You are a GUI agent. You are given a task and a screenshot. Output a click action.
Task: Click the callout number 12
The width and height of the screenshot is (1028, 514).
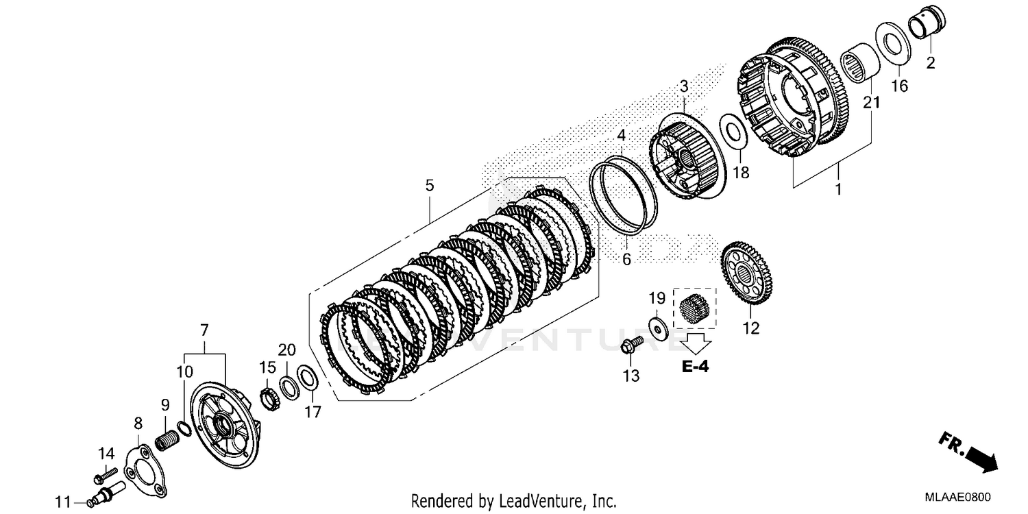click(x=751, y=329)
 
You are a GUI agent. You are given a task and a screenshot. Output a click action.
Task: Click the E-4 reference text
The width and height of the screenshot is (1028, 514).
click(x=695, y=367)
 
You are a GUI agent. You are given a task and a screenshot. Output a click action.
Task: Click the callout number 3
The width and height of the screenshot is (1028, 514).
click(x=683, y=87)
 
